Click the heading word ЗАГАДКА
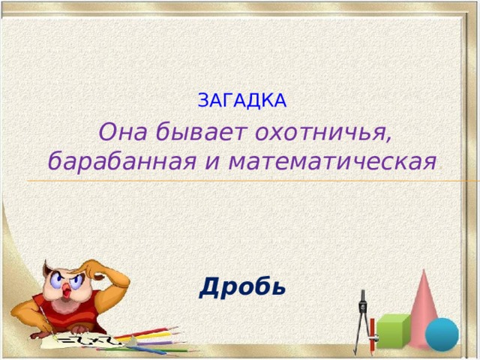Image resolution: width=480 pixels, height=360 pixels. click(x=241, y=100)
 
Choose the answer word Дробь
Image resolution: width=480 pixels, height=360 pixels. click(x=242, y=286)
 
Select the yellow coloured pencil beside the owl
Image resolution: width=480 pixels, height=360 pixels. click(x=150, y=337)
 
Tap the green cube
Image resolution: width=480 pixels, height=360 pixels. click(x=393, y=330)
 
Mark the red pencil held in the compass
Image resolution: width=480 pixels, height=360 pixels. click(x=372, y=334)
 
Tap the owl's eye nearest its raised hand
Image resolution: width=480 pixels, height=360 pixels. click(x=75, y=280)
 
